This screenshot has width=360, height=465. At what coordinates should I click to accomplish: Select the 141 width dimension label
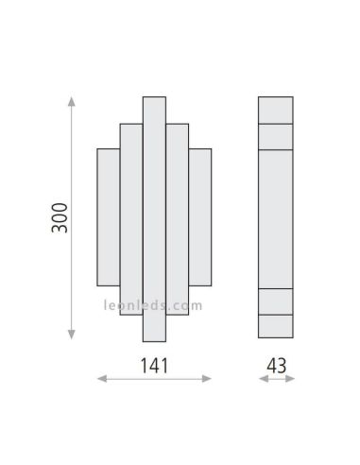click(x=155, y=364)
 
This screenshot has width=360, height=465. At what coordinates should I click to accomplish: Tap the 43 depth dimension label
click(x=277, y=364)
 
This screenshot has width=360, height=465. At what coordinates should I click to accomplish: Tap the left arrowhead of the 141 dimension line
click(x=100, y=381)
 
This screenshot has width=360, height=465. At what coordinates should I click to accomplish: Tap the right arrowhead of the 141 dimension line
click(x=210, y=381)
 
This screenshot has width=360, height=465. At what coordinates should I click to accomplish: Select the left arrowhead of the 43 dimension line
click(x=262, y=381)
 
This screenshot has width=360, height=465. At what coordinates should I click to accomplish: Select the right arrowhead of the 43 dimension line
click(x=293, y=381)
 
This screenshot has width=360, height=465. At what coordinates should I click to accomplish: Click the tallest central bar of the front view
click(x=155, y=217)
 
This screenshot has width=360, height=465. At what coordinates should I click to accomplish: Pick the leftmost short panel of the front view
click(x=109, y=216)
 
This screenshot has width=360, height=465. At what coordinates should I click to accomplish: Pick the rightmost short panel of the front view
click(x=200, y=216)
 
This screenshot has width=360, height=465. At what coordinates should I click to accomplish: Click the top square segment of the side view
click(x=278, y=110)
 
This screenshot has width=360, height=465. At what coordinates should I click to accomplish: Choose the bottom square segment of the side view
click(x=278, y=326)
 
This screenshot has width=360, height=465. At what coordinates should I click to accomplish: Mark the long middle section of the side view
click(x=278, y=217)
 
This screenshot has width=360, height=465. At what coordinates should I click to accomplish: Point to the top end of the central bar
click(x=155, y=100)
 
